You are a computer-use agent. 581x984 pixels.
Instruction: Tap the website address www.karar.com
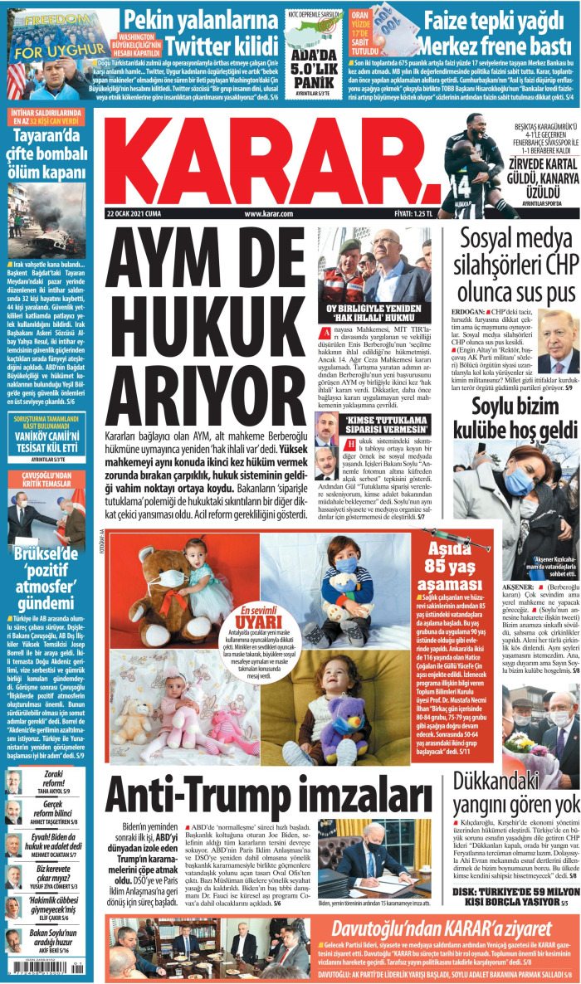coord(269,213)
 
